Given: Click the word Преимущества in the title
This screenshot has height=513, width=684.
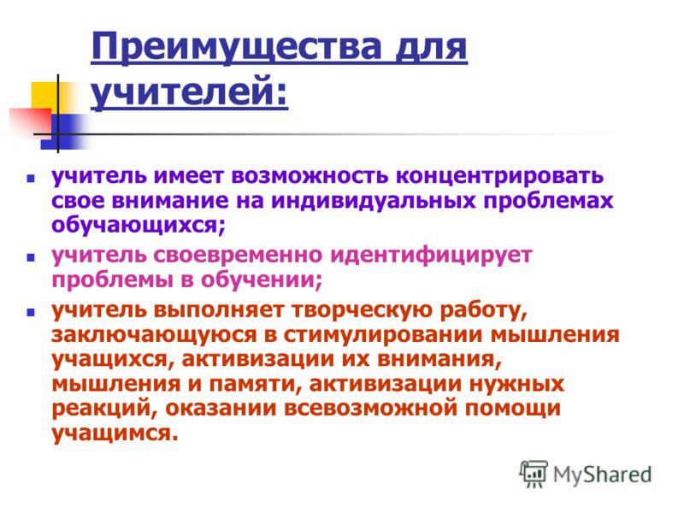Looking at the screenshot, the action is pos(236,48).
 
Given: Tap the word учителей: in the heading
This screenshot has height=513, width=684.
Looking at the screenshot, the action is pos(189,91).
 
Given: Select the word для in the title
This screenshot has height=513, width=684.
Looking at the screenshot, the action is pos(430,48).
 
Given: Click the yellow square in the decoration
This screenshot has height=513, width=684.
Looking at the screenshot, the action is pos(45,96).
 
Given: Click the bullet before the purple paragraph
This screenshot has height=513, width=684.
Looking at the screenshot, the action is pos(30,179).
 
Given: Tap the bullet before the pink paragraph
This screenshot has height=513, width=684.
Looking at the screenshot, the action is pos(30,257).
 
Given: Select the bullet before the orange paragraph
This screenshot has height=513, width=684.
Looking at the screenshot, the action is pos(30,312).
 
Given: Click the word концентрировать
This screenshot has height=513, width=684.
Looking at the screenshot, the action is pos(499,176).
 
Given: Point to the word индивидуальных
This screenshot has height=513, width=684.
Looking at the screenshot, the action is pos(374,201).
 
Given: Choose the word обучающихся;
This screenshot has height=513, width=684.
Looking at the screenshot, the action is pos(139,226).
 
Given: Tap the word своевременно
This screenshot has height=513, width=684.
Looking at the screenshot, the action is pos(238,255).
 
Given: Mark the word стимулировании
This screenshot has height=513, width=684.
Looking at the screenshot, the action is pos(384,335).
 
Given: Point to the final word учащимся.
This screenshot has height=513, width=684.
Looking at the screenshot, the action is pos(115,433).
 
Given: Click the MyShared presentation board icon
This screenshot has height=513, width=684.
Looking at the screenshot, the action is pos(534,474).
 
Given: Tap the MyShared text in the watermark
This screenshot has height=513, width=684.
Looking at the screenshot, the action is pos(603,475).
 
